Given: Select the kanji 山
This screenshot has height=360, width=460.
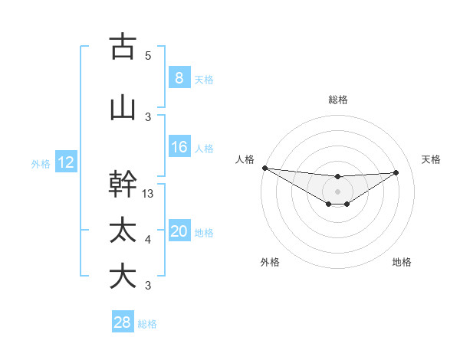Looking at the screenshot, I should point(123,107).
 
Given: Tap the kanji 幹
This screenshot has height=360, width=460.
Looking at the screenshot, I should point(123,185).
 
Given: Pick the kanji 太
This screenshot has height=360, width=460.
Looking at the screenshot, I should point(123,230).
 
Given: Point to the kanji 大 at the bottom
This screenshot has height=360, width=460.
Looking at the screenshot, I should point(123,276).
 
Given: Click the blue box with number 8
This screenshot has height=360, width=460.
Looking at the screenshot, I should point(179,77).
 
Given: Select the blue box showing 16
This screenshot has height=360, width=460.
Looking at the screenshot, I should point(179,147).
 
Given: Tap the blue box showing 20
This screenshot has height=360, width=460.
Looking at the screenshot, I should point(179,232).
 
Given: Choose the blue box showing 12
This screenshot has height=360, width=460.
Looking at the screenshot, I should point(65,162).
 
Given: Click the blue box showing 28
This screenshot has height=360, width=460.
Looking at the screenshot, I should point(123,322).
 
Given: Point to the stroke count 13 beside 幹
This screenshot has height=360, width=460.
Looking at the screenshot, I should point(149,194).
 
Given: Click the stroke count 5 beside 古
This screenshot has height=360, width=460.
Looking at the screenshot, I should point(148,55).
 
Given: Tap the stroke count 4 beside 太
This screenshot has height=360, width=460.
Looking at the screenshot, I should point(148,240).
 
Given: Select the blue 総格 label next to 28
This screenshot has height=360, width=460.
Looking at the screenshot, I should point(148,324).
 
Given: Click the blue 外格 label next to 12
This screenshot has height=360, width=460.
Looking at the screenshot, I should point(41,163).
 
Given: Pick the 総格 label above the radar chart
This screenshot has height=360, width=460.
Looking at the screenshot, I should point(337,100).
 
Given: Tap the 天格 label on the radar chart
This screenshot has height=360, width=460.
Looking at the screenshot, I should point(431,159).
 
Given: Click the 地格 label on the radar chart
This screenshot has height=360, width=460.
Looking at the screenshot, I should point(402,262).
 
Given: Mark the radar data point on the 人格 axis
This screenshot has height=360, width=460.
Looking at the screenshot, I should point(264,168).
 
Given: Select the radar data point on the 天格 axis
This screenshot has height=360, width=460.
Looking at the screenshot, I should point(396,172).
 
